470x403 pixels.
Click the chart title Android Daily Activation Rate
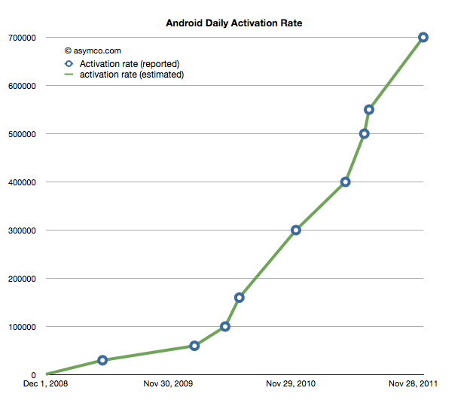point(233,23)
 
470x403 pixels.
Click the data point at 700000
point(423,37)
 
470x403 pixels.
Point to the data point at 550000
point(369,109)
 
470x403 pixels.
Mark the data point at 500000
point(365,133)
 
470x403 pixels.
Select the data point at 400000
point(346,182)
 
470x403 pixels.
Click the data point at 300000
point(296,230)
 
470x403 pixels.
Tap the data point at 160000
point(240,298)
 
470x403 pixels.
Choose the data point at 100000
point(225,326)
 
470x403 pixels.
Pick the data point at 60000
point(194,346)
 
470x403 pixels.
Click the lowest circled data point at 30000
point(102,360)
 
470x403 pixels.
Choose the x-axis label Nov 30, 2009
point(168,384)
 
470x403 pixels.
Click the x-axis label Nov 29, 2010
point(291,384)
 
